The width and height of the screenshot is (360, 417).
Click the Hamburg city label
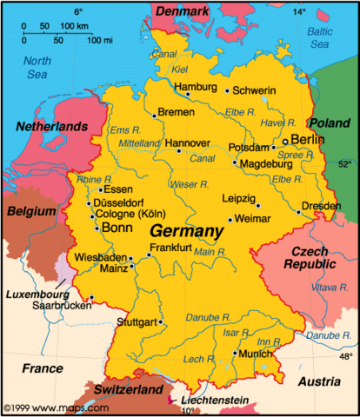pyautogui.click(x=194, y=87)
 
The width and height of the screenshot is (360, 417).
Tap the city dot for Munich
pyautogui.click(x=234, y=354)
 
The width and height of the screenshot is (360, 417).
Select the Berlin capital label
pyautogui.click(x=308, y=139)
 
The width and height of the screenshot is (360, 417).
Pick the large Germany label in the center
pyautogui.click(x=186, y=232)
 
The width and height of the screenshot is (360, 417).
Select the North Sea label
pyautogui.click(x=37, y=68)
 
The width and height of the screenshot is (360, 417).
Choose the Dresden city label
pyautogui.click(x=323, y=207)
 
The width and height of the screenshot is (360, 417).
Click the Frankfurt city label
pyautogui.click(x=170, y=248)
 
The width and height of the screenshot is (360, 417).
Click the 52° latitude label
pyautogui.click(x=344, y=163)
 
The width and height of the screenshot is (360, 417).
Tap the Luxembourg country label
pyautogui.click(x=37, y=295)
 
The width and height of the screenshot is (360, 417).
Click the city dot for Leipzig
pyautogui.click(x=257, y=206)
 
